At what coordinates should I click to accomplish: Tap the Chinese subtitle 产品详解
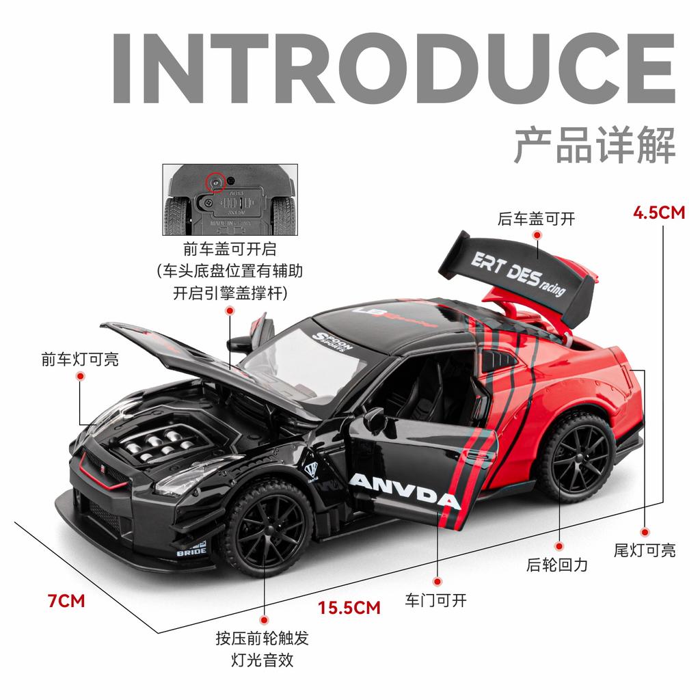coord(594,144)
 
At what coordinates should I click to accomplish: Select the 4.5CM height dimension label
coord(659,213)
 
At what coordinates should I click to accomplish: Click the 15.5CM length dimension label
coord(349,606)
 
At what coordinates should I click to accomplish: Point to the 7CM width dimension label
coord(66,601)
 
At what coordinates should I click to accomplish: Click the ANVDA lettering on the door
coord(404,491)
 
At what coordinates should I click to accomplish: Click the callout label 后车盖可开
coord(537,219)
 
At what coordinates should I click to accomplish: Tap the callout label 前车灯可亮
coord(79,359)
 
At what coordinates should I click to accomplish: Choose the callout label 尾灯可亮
coord(644,550)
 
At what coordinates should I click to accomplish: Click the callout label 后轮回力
coord(557,565)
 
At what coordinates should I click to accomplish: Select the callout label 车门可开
coord(435,601)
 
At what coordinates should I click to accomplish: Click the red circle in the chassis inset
coord(215,181)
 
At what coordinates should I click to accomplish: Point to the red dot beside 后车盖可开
coord(537,235)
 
